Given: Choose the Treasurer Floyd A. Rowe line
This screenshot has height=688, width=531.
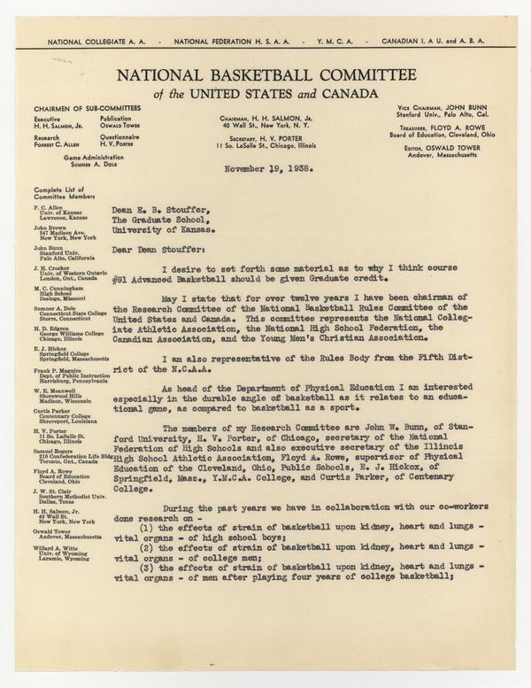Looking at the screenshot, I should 453,128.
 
